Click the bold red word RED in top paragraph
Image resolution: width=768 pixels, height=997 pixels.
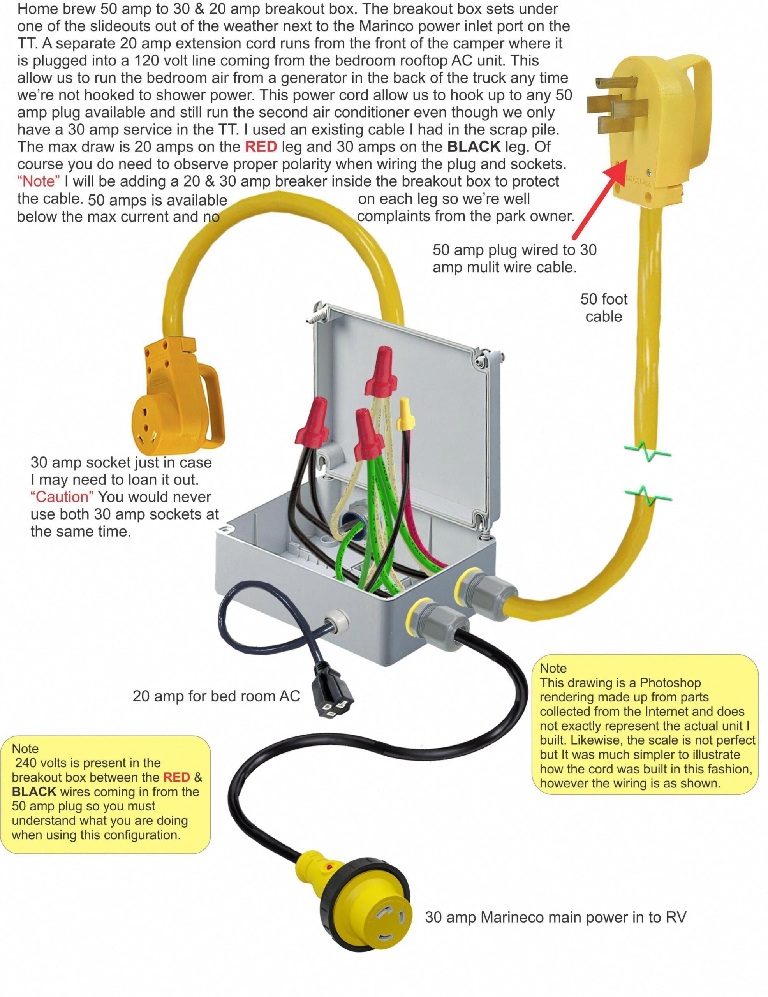click(x=261, y=146)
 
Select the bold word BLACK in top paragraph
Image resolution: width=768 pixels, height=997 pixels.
click(x=474, y=146)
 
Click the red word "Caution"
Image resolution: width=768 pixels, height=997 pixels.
click(x=62, y=497)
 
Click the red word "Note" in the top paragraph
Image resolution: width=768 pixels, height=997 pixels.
click(x=38, y=181)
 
